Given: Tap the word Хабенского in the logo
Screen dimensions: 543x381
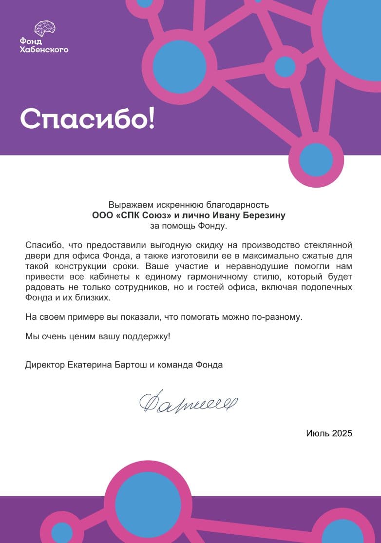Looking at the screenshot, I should click(44, 49).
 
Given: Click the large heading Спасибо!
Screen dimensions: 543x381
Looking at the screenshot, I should click(87, 118).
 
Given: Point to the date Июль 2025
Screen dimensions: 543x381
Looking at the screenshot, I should click(329, 433).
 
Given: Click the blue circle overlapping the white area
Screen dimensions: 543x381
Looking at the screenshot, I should click(316, 160).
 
